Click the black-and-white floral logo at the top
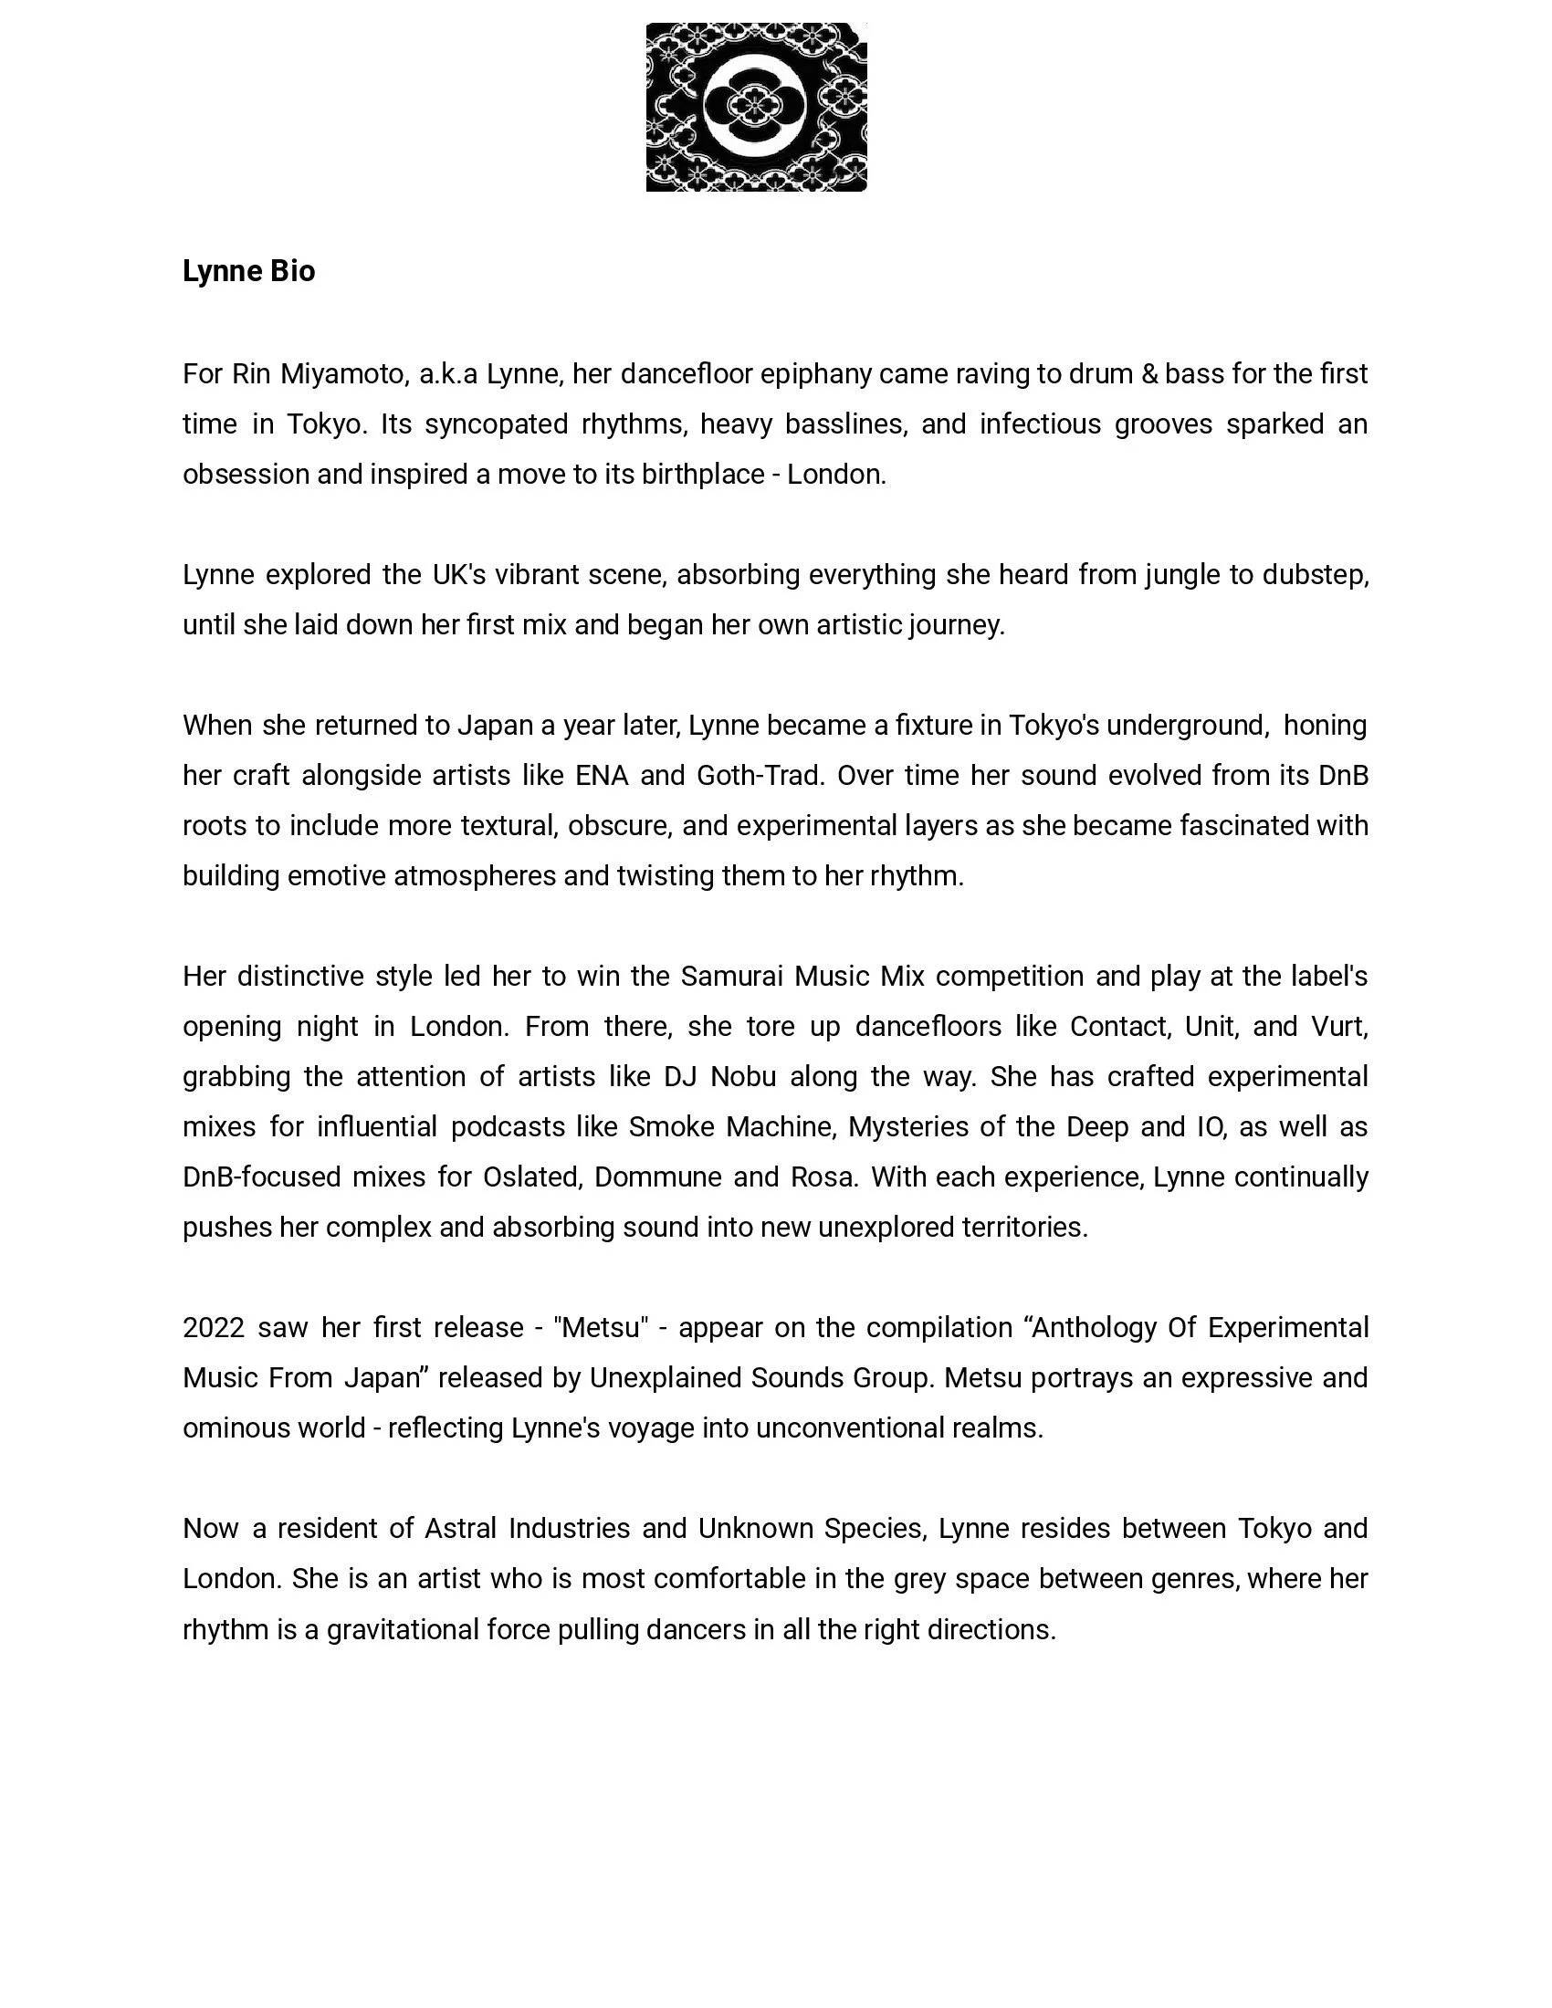756,108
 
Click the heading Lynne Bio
248,271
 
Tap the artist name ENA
602,776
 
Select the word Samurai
731,977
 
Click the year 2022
214,1328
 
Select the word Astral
460,1528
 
